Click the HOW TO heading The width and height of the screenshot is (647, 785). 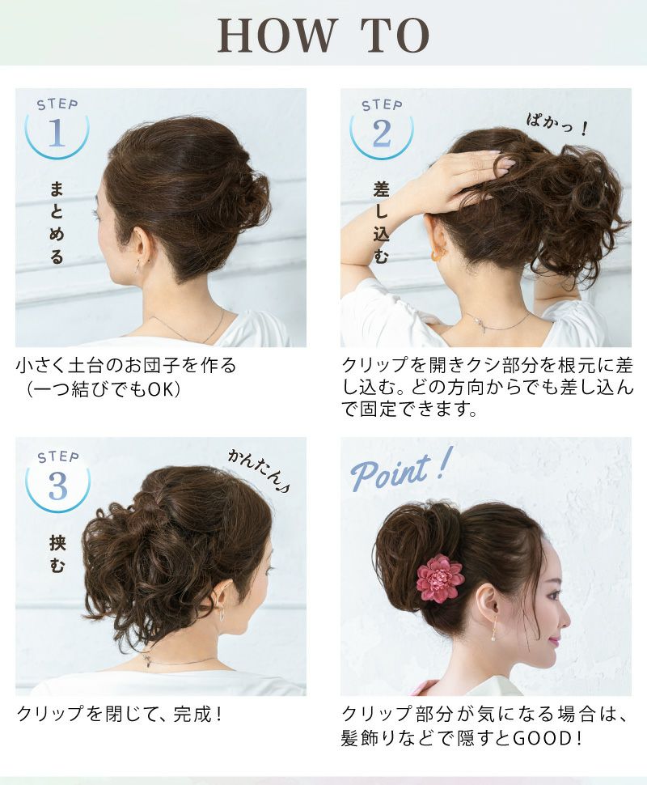(323, 36)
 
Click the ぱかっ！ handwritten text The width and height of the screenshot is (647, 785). (556, 125)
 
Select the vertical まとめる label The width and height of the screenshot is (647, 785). (57, 223)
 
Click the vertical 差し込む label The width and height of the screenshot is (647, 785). (381, 223)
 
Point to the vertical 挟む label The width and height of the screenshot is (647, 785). (57, 554)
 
